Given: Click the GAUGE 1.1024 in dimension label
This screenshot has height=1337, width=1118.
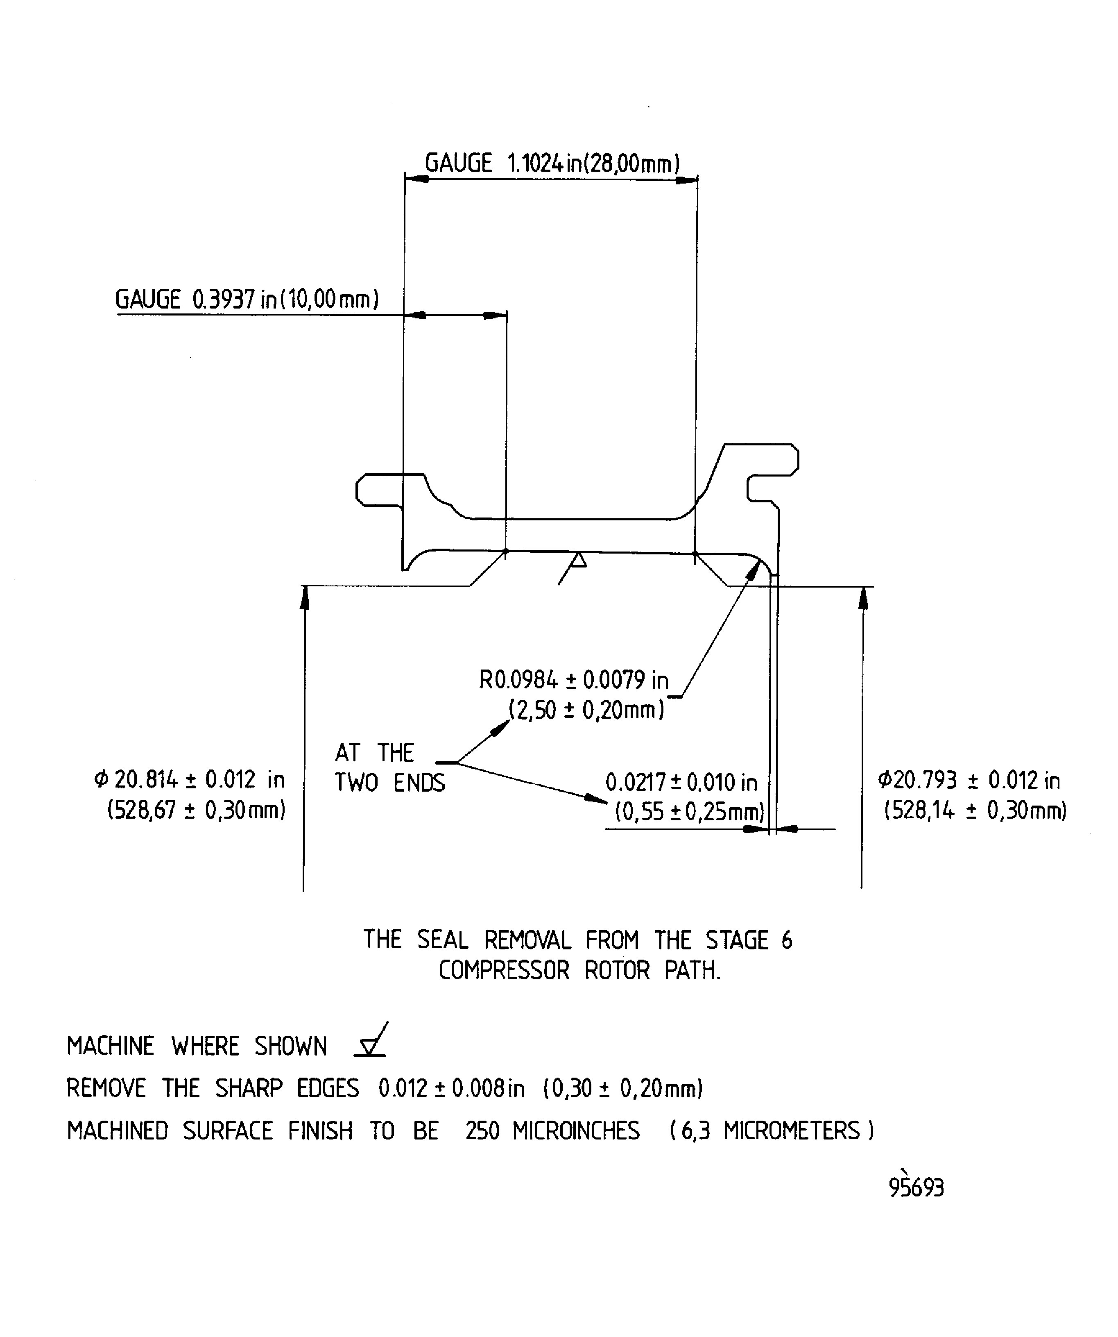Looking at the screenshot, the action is [552, 163].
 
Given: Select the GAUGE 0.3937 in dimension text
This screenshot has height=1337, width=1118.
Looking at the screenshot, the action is [247, 299].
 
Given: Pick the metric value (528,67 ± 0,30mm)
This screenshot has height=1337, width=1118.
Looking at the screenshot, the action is [196, 810].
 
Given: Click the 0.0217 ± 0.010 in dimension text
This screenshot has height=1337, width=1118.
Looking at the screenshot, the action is [681, 783].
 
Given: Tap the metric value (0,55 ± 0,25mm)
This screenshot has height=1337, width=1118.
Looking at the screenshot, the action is [690, 813].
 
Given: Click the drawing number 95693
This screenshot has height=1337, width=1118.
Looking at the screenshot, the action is [916, 1187].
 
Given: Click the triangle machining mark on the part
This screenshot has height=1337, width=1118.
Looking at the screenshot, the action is [578, 560].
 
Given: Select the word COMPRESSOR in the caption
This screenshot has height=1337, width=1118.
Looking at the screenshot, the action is [504, 970].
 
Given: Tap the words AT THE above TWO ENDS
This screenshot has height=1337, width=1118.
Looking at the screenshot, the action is [374, 753].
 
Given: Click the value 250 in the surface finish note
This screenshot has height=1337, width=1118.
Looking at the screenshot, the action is [482, 1131].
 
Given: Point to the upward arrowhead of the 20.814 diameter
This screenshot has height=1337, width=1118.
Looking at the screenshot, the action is [305, 597].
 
